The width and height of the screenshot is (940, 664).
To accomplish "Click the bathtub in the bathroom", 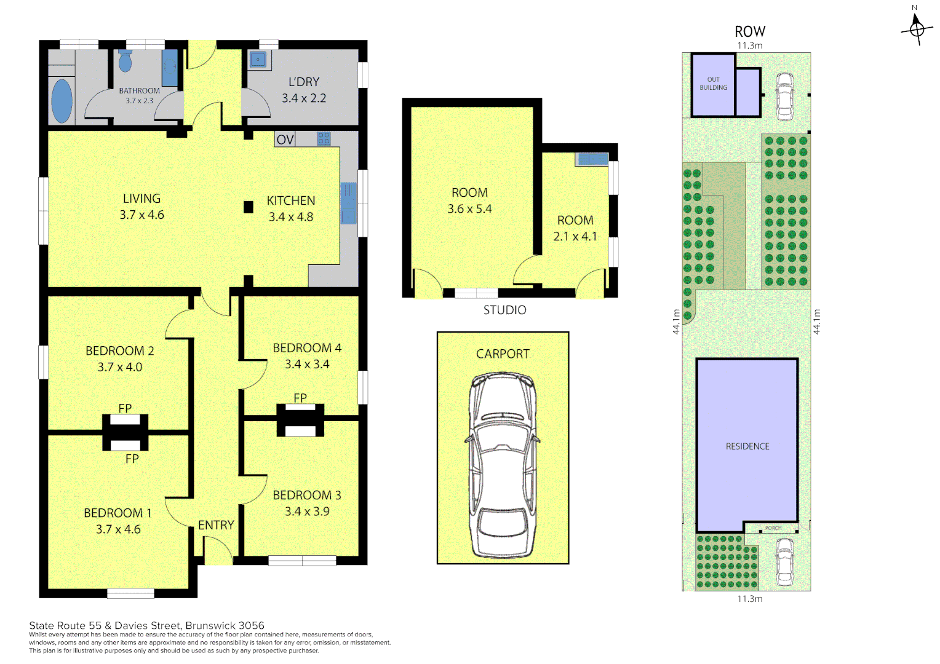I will (62, 101).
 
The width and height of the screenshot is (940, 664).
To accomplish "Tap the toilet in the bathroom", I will (125, 61).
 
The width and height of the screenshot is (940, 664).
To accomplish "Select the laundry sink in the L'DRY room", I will (258, 60).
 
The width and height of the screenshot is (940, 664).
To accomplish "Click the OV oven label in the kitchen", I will (285, 140).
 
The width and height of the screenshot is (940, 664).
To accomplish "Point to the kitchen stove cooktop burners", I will (324, 139).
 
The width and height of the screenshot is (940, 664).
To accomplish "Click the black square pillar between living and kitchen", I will (249, 207).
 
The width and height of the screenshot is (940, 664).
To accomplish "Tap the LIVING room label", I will (141, 199).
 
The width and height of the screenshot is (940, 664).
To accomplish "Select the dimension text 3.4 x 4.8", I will (291, 217).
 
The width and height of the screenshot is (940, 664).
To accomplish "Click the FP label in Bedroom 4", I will (300, 398).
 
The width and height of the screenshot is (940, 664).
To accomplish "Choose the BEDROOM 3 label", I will (307, 495).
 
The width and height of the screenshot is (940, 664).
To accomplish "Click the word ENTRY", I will (216, 525).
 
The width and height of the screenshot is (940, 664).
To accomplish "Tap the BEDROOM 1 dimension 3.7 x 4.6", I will (118, 529).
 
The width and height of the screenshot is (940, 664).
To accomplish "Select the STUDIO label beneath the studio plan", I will (504, 310).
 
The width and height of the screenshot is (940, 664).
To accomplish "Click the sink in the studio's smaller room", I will (592, 160).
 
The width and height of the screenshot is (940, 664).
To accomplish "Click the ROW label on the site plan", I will (750, 32).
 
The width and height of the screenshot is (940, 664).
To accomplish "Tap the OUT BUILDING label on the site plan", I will (713, 84).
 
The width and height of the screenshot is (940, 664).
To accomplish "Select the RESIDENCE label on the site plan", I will (747, 446).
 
